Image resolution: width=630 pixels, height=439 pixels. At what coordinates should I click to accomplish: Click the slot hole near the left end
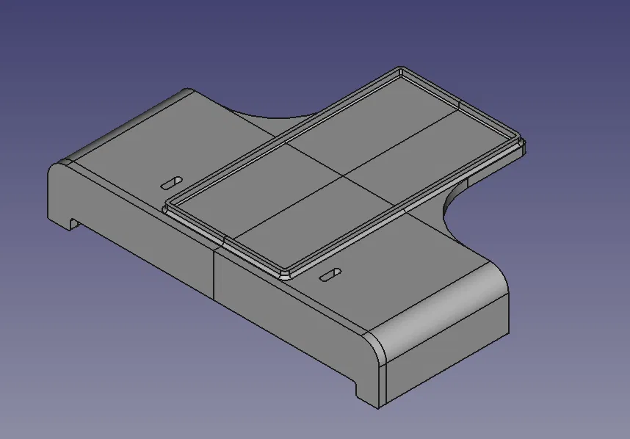[173, 181]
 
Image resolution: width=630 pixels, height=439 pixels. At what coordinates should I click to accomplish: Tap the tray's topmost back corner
[401, 70]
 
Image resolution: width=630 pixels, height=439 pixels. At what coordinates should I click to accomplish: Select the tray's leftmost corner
[166, 206]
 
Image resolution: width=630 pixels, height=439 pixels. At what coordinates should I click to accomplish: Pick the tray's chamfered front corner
[285, 274]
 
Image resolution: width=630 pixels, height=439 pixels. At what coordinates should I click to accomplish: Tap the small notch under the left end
[73, 222]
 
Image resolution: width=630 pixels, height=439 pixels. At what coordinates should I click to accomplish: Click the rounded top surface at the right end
[441, 308]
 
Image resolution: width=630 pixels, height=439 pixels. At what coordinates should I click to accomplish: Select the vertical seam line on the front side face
[213, 275]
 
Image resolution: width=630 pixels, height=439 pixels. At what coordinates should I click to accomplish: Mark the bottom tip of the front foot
[377, 406]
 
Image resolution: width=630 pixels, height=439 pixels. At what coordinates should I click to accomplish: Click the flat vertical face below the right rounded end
[448, 360]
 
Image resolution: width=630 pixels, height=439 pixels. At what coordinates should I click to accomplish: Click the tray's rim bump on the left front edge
[222, 239]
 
